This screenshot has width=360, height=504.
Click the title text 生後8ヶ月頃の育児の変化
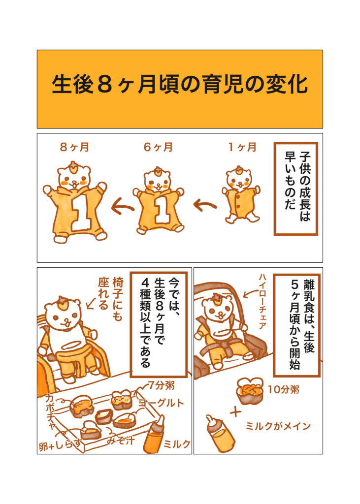point(180,84)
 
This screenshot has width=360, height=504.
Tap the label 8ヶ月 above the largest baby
point(74,147)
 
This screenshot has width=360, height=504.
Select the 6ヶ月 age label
point(158,147)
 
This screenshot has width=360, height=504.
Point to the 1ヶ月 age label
point(242,147)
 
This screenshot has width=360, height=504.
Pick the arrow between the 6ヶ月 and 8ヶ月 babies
point(122,207)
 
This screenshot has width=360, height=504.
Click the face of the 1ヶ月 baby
point(238,180)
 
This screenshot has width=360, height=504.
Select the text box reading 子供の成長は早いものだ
point(295,189)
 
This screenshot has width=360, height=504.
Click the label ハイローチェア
point(262,301)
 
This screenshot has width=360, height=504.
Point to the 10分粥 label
point(284,390)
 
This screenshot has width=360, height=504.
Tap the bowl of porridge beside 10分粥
point(251,390)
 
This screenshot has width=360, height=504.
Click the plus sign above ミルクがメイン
point(235,412)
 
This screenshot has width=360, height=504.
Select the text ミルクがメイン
point(278,426)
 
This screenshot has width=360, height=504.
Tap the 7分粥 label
point(161,385)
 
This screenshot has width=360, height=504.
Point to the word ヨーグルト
point(161,403)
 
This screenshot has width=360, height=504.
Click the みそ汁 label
point(120,440)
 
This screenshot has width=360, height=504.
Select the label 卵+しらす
point(60,445)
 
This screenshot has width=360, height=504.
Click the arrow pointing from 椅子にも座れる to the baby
point(92,303)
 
